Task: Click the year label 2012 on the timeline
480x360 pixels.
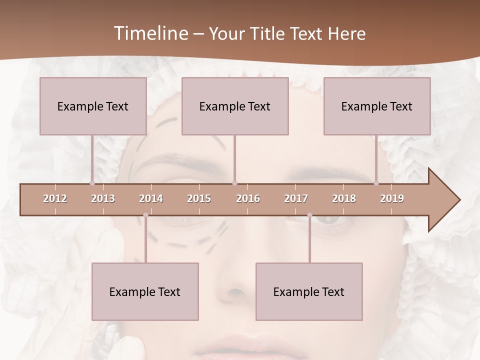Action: [55, 198]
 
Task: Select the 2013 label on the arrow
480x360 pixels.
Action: [103, 198]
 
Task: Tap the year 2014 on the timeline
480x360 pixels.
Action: [151, 198]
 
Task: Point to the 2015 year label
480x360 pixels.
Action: [199, 198]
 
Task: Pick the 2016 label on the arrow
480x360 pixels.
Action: [248, 198]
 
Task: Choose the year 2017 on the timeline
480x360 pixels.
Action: [296, 198]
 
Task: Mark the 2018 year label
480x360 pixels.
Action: [344, 198]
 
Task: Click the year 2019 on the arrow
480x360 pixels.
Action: [392, 198]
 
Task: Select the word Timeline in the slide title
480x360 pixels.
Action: [150, 33]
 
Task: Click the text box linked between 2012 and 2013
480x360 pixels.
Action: [93, 106]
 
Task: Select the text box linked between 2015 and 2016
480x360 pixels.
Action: [235, 106]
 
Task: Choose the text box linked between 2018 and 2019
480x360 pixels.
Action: [377, 106]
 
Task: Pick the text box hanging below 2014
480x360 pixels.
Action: [145, 291]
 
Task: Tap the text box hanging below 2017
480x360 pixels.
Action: [309, 291]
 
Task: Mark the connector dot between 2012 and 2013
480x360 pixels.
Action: [92, 183]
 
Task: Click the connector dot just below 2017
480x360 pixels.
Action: [309, 215]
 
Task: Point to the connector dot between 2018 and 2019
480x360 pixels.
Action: [376, 183]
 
